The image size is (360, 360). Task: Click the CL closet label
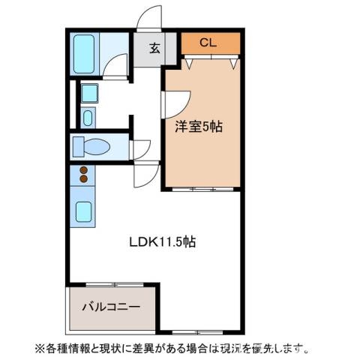(x=208, y=43)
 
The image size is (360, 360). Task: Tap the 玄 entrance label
(x=154, y=49)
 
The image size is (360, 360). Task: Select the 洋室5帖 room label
(x=198, y=127)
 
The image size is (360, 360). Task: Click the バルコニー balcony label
(x=110, y=308)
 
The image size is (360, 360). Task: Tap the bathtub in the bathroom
(x=85, y=53)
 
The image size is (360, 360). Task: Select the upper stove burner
(x=84, y=170)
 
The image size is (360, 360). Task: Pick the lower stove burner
(x=84, y=181)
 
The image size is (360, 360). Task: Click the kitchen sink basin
(x=84, y=212)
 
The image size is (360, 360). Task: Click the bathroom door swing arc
(x=115, y=69)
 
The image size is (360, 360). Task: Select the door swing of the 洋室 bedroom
(x=178, y=102)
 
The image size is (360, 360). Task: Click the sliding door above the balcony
(x=112, y=284)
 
